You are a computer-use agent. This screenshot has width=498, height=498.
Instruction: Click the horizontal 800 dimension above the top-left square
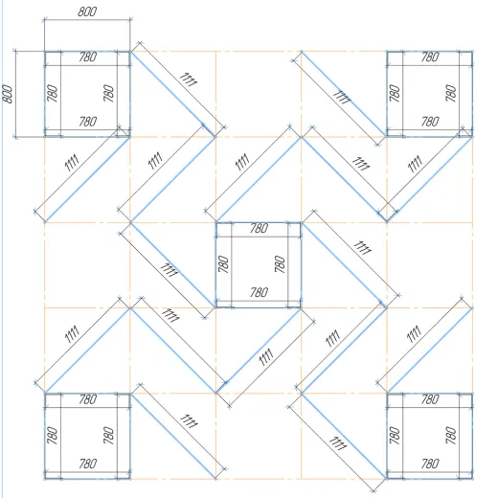coord(87,11)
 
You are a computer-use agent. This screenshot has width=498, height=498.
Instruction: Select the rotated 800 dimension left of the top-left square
coord(7,94)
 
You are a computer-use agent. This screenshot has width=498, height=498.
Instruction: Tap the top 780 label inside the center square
coord(259,228)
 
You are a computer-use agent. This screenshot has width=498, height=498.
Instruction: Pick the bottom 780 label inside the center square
coord(259,292)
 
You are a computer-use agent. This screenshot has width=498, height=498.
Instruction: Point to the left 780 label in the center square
coord(223,264)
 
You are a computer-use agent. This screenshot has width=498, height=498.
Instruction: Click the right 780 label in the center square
coord(280,264)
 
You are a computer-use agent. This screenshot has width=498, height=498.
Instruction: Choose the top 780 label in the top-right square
coord(430,57)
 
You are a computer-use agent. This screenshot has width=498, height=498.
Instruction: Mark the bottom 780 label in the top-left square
coord(88,122)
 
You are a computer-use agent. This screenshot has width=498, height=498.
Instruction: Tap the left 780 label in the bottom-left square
coord(52,436)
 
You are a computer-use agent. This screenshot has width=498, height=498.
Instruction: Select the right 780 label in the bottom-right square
coord(450,436)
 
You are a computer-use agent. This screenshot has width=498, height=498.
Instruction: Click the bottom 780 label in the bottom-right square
coord(430,464)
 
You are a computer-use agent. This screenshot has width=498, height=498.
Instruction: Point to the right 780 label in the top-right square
coord(450,93)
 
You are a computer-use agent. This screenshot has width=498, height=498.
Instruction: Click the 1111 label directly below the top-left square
coord(72,163)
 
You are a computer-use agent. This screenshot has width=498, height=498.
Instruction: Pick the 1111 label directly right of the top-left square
coord(189,79)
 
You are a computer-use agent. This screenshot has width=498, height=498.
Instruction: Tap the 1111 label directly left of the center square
coord(169,270)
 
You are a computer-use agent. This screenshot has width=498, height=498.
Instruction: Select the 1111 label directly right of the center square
coord(362,248)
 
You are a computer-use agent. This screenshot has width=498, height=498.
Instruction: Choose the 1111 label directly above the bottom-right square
coord(414,334)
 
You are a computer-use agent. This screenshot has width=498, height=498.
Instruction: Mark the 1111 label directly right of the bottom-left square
coord(189,421)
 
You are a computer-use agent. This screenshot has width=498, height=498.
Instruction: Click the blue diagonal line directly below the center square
coord(259,351)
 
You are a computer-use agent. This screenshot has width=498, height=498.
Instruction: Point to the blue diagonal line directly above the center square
coord(259,180)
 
